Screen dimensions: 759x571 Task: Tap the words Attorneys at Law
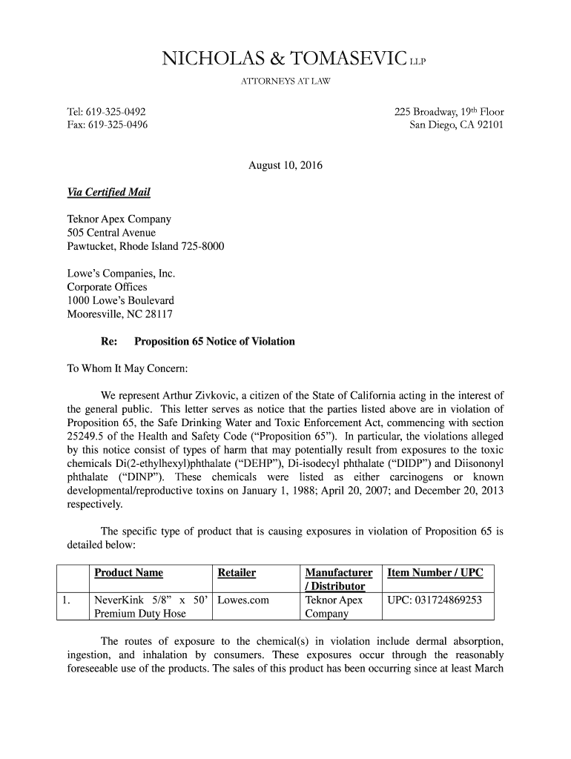pos(285,81)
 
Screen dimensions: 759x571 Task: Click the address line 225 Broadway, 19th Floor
pos(449,112)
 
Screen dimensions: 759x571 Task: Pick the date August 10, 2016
pos(285,165)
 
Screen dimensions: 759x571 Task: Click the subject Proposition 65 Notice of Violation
pos(214,342)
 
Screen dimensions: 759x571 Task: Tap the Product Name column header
pos(128,573)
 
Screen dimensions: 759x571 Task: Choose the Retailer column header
pos(237,573)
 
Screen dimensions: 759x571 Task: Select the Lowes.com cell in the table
pos(243,600)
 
